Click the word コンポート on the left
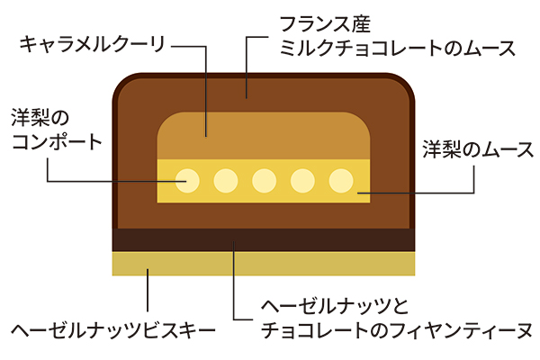click(55, 143)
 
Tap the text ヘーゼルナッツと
click(333, 305)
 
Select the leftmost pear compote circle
click(187, 181)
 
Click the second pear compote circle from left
click(226, 181)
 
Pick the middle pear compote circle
click(265, 181)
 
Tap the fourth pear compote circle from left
click(302, 181)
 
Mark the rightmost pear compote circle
click(340, 181)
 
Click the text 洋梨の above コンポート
click(40, 118)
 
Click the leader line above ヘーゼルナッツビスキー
click(148, 292)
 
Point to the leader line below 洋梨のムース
click(474, 178)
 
